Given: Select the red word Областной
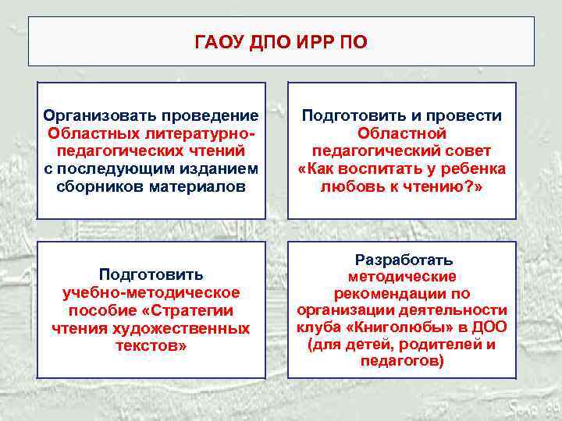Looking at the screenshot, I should [402, 133].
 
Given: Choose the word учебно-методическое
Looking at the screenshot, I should [151, 292].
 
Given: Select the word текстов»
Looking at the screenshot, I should [151, 346].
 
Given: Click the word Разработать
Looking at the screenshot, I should [403, 260].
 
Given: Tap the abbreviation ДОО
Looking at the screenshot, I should [489, 327].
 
